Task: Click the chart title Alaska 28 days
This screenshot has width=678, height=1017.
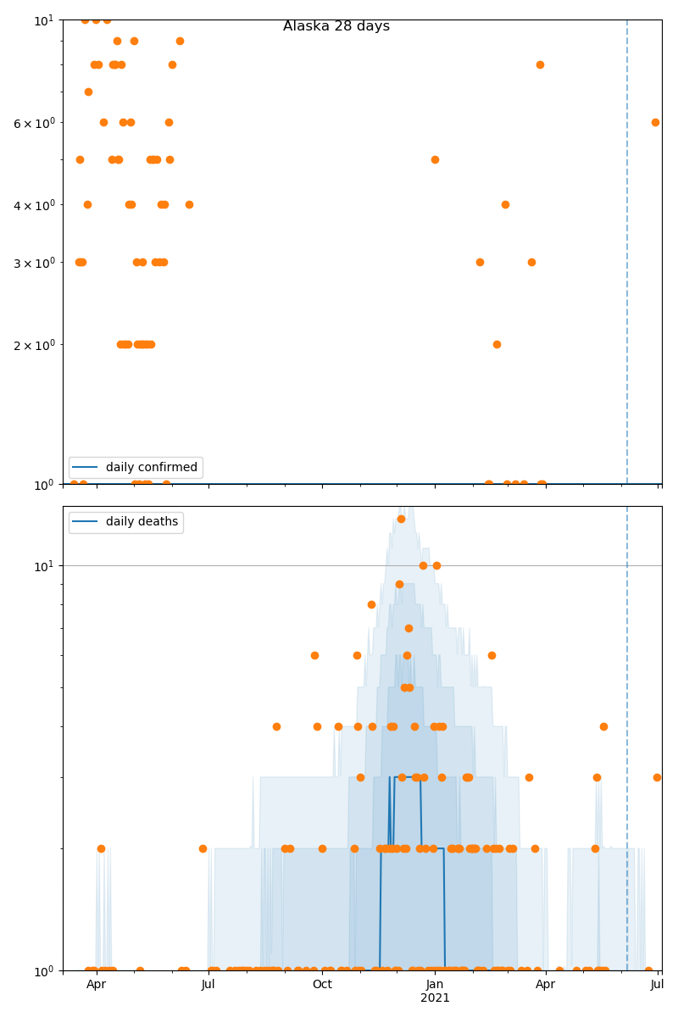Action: [x=336, y=26]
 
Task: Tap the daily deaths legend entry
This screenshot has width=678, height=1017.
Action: [x=142, y=522]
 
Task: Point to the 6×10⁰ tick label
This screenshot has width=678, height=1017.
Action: [x=34, y=123]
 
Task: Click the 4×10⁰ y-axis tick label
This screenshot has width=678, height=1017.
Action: [x=34, y=204]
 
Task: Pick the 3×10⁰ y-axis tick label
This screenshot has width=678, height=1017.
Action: [x=34, y=262]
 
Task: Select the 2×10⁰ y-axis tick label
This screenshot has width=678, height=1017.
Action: [x=34, y=345]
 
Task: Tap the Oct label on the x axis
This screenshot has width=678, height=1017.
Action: [x=322, y=984]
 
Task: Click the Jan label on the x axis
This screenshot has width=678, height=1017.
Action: [x=435, y=984]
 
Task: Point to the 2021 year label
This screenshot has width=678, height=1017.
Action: [x=435, y=998]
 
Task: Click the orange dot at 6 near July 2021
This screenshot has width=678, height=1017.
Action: [x=655, y=122]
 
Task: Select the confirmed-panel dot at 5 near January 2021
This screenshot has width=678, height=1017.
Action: [x=435, y=159]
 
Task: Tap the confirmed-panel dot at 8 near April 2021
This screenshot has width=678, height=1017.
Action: [x=540, y=64]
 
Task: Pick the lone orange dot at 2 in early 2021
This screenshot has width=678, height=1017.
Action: [x=497, y=344]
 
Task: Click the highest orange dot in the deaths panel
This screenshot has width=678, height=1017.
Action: [x=401, y=519]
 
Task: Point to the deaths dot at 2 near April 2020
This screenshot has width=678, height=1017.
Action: [x=101, y=848]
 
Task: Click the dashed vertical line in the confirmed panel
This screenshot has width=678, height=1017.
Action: [x=627, y=254]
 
